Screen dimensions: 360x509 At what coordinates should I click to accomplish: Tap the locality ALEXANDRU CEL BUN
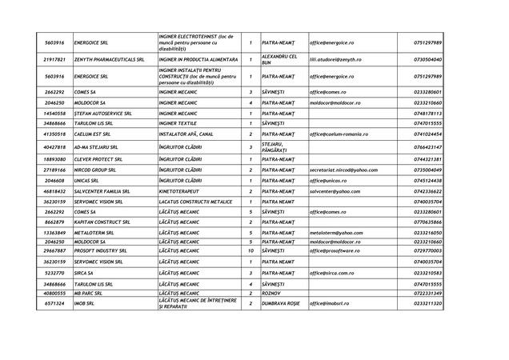[279, 59]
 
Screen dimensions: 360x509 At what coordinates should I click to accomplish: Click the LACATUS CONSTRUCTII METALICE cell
[196, 202]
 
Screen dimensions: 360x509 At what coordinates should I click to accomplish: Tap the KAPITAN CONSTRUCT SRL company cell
[107, 222]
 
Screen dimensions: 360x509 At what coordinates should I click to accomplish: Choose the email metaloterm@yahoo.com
[336, 232]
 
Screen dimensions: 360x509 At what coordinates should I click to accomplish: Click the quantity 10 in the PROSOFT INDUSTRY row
[250, 251]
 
